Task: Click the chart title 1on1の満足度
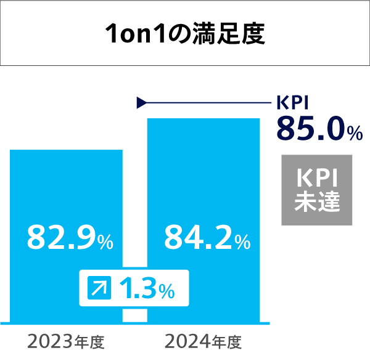pyautogui.click(x=185, y=34)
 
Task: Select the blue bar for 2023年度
pyautogui.click(x=66, y=185)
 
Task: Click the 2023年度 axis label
pyautogui.click(x=67, y=341)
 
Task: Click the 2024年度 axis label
pyautogui.click(x=203, y=341)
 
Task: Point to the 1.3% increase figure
pyautogui.click(x=146, y=288)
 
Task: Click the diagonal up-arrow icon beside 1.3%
pyautogui.click(x=100, y=288)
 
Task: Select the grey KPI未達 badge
pyautogui.click(x=317, y=190)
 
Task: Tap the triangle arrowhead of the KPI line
pyautogui.click(x=141, y=102)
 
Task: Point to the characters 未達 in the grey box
pyautogui.click(x=317, y=202)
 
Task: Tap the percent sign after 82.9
pyautogui.click(x=105, y=241)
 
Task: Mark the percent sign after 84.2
pyautogui.click(x=242, y=241)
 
